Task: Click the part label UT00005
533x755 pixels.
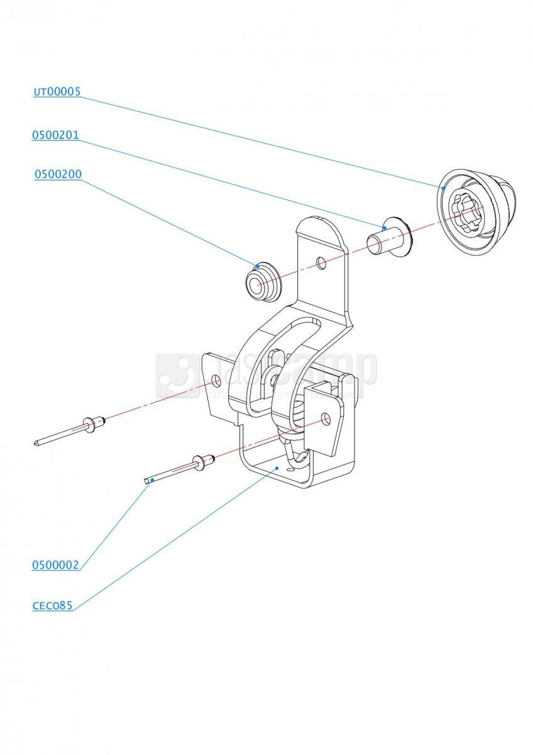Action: click(x=57, y=92)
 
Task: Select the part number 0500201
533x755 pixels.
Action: click(x=55, y=135)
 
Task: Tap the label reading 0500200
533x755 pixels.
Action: click(x=58, y=174)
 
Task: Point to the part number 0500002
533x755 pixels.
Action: click(x=55, y=565)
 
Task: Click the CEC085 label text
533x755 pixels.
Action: click(x=52, y=607)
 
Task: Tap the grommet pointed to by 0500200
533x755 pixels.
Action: click(x=260, y=282)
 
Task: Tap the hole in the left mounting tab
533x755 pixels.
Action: click(x=216, y=380)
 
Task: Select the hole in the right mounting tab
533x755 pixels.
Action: click(x=324, y=418)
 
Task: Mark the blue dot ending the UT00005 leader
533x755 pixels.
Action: click(x=444, y=187)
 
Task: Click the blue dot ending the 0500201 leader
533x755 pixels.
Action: click(x=383, y=226)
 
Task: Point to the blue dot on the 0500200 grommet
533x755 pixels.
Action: click(x=257, y=267)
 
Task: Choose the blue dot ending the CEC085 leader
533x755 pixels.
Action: click(x=277, y=468)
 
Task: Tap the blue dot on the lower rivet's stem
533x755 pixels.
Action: click(x=153, y=480)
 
